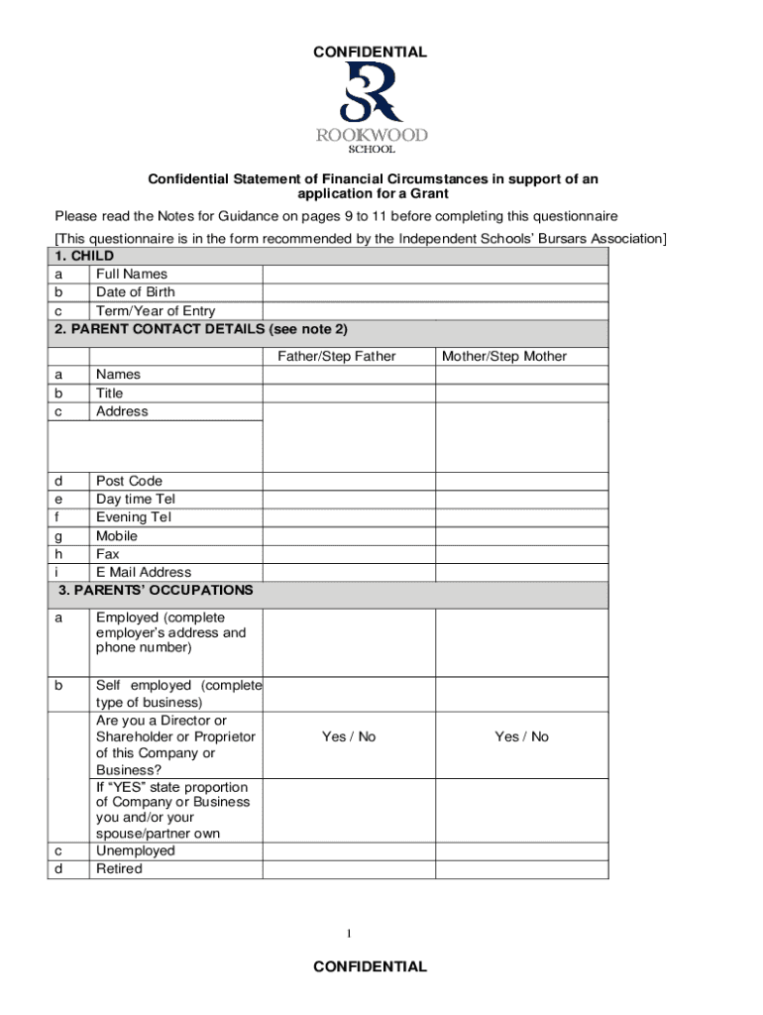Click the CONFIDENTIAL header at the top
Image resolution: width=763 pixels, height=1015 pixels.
point(371,52)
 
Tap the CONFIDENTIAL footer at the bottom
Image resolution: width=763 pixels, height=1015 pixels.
point(371,966)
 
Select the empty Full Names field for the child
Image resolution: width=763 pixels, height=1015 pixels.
point(434,274)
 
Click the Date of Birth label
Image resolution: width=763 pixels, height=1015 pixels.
point(135,292)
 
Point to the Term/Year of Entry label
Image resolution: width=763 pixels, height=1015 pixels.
point(155,311)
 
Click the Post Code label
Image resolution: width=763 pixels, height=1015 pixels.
point(129,481)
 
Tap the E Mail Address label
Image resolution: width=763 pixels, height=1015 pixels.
point(144,572)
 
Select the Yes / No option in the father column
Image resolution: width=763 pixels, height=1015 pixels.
point(349,736)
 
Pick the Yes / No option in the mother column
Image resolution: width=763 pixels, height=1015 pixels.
point(521,736)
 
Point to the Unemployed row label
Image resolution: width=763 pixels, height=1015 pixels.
point(135,850)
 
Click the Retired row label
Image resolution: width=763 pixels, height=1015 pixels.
point(119,869)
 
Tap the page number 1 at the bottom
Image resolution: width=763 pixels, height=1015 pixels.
point(349,934)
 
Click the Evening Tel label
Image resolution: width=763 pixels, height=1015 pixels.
point(134,517)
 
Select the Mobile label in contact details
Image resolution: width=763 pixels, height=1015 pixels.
point(117,535)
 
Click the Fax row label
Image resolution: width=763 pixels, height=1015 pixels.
point(108,554)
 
